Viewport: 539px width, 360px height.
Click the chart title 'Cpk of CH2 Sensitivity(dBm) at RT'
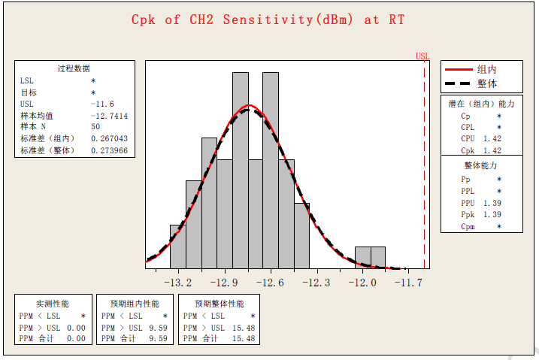268,20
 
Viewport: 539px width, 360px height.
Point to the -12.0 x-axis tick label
362,283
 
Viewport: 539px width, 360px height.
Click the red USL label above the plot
422,56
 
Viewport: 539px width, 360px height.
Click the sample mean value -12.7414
109,116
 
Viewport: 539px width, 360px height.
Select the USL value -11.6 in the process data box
102,104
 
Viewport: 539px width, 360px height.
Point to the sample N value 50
95,127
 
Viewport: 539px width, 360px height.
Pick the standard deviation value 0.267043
109,138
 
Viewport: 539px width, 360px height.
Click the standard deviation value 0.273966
109,150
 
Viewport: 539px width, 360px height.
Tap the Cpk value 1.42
492,150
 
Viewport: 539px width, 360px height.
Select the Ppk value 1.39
492,215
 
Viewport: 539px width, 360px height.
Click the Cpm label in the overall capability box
468,226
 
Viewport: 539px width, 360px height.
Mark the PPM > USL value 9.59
159,328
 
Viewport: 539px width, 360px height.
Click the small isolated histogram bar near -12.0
370,257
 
